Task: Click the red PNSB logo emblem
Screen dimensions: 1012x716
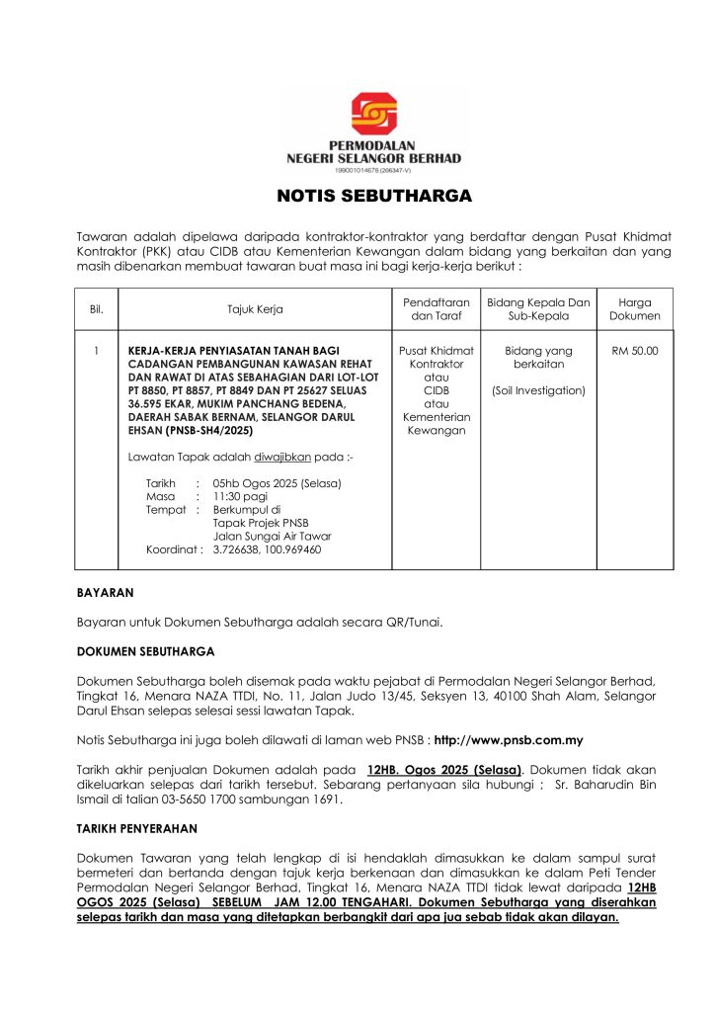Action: (373, 115)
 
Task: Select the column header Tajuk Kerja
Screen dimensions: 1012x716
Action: (255, 309)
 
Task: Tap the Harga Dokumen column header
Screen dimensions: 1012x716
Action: (635, 309)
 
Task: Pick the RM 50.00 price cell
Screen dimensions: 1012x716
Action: (635, 350)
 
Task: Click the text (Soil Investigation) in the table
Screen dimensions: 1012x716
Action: (538, 390)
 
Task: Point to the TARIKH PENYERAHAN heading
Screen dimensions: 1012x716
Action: (137, 827)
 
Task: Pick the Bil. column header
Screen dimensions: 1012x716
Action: (97, 309)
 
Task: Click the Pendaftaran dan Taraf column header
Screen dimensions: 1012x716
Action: (436, 309)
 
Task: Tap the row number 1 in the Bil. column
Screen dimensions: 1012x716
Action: (97, 350)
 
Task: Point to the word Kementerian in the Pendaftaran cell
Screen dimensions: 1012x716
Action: (436, 417)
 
